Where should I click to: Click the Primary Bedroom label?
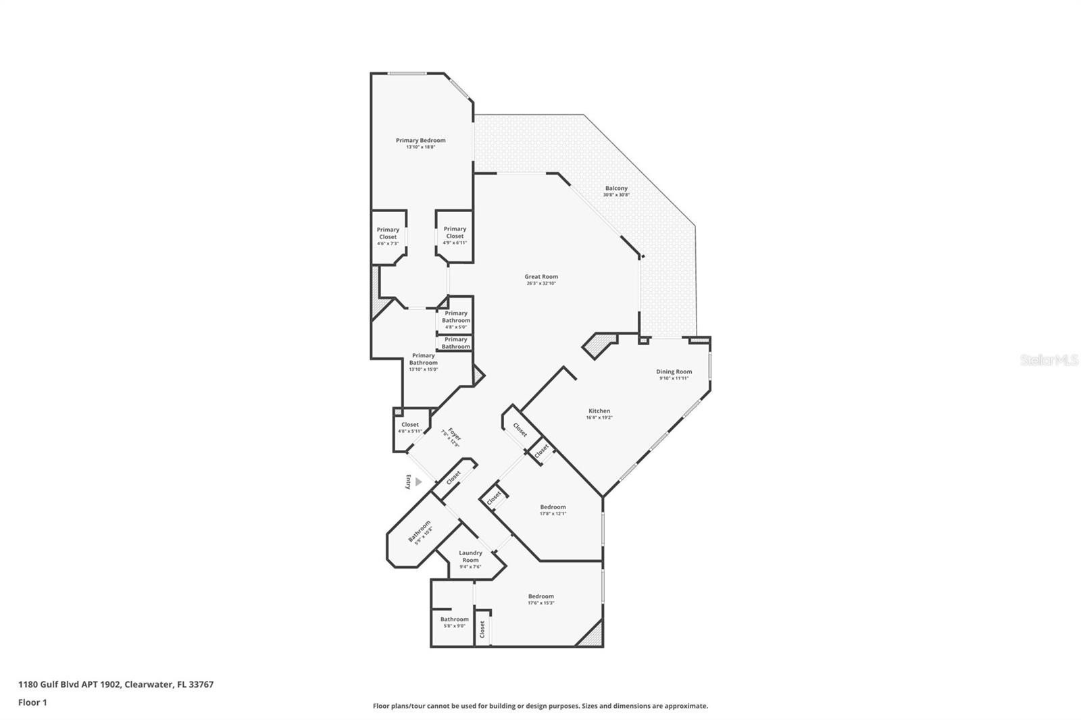pos(420,140)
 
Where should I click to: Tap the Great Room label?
pos(541,276)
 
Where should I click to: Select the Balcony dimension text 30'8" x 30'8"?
pos(616,195)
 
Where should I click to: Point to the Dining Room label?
pos(674,371)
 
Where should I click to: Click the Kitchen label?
pos(599,411)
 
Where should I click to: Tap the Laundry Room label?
pos(470,557)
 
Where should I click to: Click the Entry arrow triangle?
pos(418,482)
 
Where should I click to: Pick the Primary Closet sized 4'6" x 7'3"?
pos(388,233)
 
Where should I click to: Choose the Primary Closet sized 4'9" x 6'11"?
pos(455,232)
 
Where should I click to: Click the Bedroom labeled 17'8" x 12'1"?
pos(553,507)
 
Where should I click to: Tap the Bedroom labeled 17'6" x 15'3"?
pos(540,596)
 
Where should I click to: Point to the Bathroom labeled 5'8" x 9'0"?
pos(454,619)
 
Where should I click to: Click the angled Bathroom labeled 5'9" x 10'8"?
pos(419,531)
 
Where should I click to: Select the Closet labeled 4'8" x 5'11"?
pos(409,425)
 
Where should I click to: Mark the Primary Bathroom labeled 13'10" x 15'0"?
pos(423,359)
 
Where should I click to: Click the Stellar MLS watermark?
pos(1049,360)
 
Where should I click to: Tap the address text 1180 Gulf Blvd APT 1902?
pos(70,684)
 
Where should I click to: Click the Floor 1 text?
pos(32,702)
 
